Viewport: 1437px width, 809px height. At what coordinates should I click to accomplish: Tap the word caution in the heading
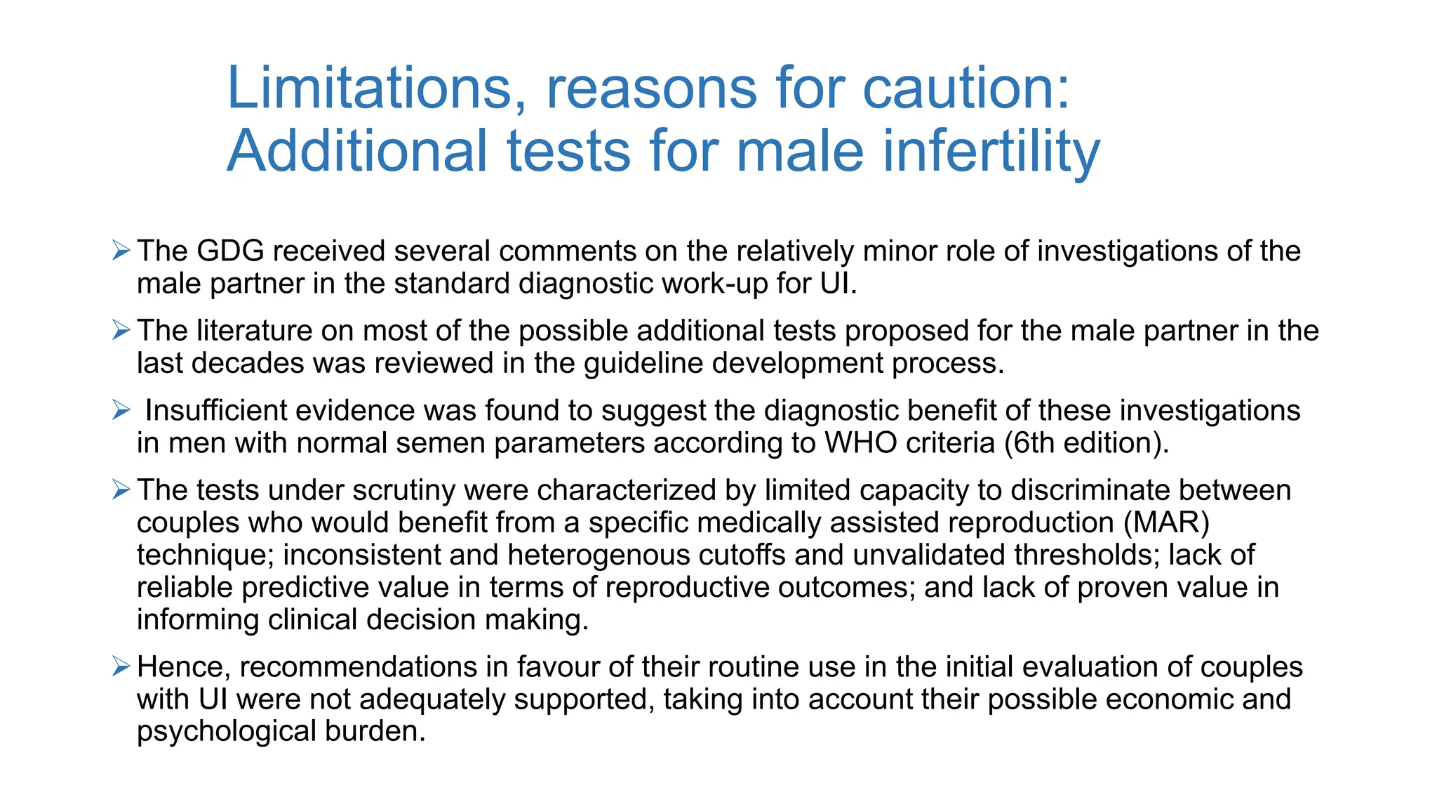click(x=965, y=88)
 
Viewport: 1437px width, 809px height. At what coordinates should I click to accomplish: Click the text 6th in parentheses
click(x=1034, y=443)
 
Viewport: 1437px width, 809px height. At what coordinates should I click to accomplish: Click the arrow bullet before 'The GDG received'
click(x=121, y=250)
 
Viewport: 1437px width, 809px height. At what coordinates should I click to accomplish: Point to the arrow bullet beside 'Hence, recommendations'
click(x=121, y=666)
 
